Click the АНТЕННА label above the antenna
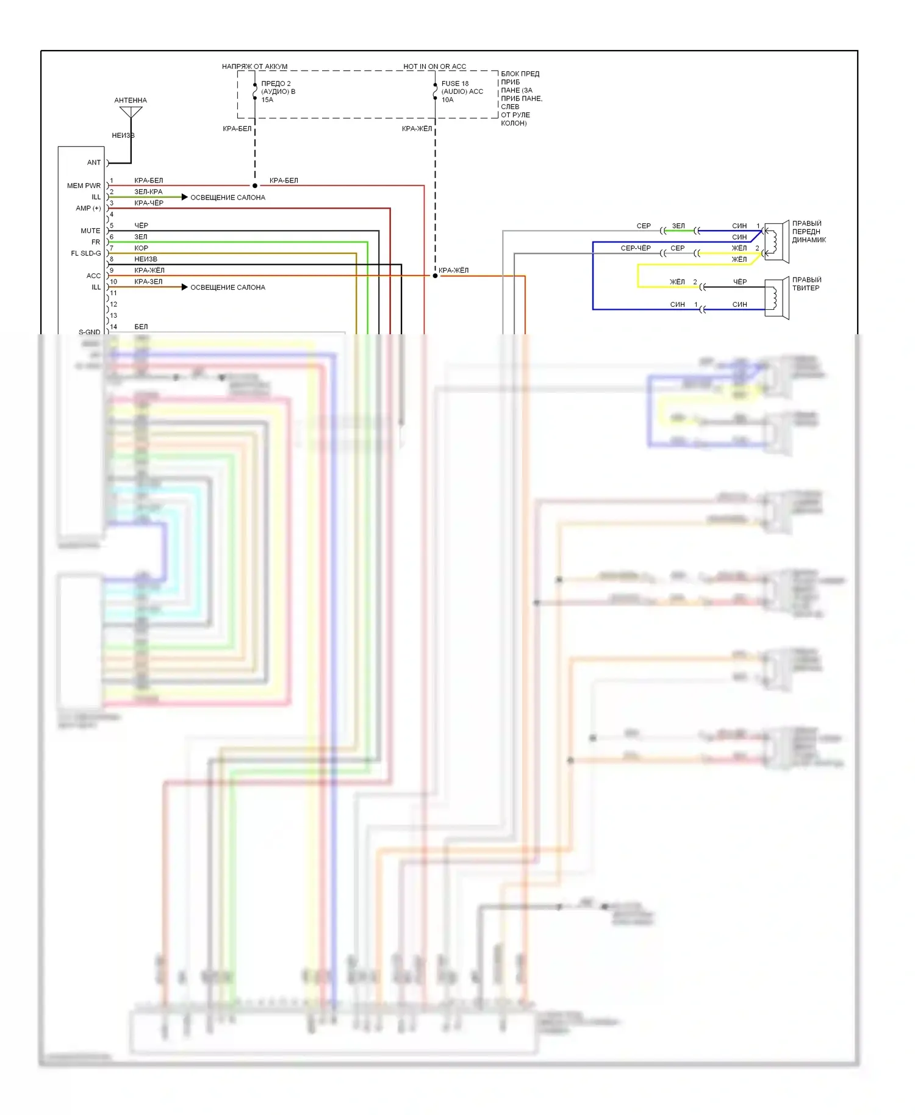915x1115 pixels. tap(131, 100)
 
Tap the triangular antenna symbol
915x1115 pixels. tap(131, 112)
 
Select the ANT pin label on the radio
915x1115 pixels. tap(93, 163)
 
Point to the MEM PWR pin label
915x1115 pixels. tap(84, 185)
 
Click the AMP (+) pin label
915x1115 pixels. tap(88, 208)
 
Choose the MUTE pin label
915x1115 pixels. tap(90, 231)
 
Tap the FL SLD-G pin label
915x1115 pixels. tap(86, 253)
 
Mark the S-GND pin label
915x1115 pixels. tap(89, 332)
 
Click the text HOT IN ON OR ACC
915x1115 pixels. tap(434, 66)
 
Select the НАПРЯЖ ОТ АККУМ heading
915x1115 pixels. tap(254, 66)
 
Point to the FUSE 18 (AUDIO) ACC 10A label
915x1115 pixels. tap(462, 91)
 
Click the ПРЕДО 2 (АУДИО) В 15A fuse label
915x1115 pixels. tap(278, 91)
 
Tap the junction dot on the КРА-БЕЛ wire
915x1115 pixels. tap(255, 185)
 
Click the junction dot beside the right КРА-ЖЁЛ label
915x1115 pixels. tap(435, 276)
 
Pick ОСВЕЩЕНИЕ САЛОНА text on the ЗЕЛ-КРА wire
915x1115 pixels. tap(228, 198)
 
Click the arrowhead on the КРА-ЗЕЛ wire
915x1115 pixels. tap(184, 287)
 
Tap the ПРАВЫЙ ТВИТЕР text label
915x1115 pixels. tap(806, 284)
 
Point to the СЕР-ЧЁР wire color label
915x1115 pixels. tap(636, 248)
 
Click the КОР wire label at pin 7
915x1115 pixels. tap(141, 248)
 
